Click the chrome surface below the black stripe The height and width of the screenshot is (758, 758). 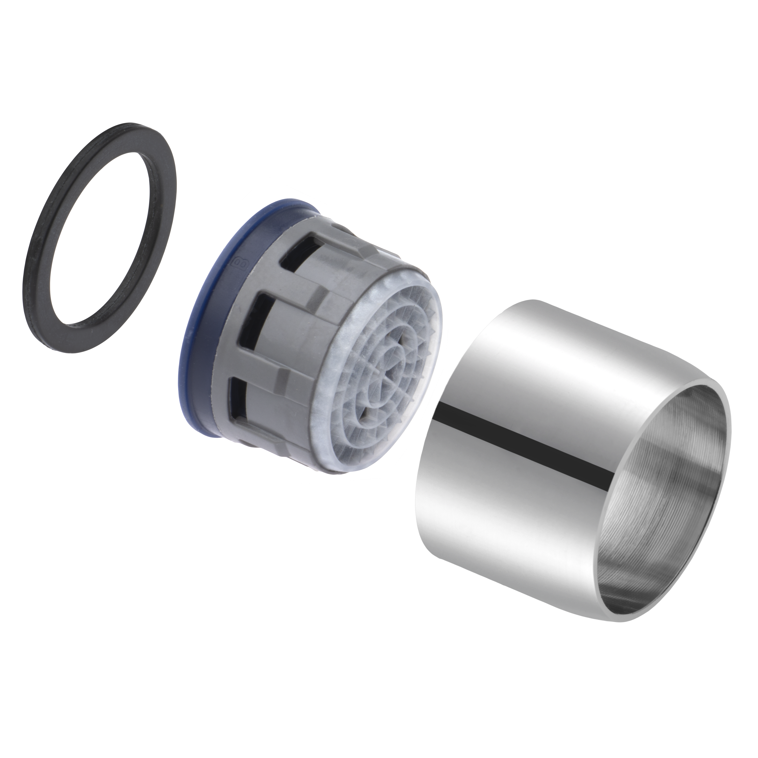(510, 522)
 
